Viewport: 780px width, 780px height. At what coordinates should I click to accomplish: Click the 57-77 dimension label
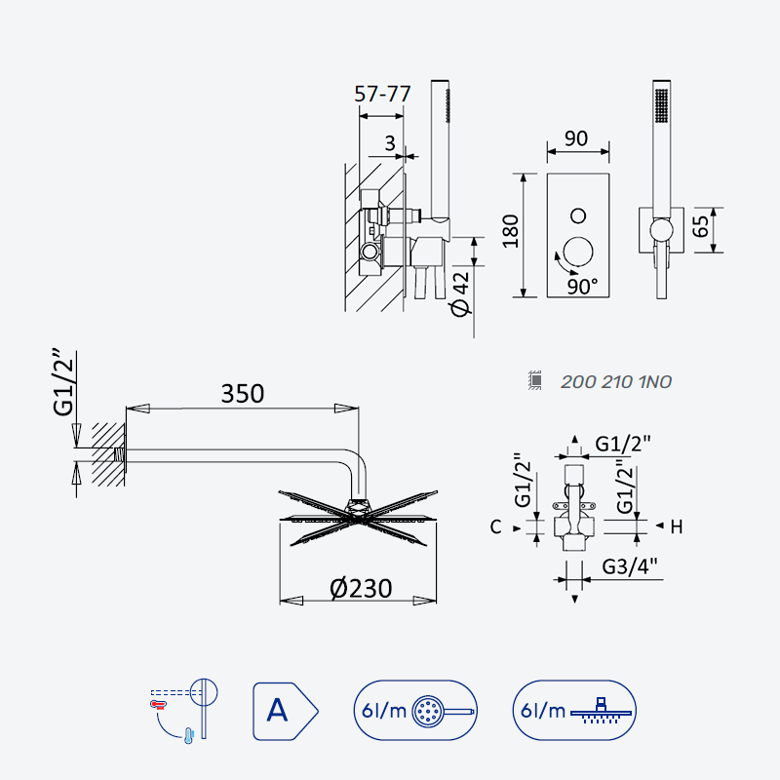382,94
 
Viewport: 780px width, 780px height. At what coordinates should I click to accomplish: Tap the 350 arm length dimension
242,394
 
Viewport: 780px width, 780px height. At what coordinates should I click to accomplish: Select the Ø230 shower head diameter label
361,589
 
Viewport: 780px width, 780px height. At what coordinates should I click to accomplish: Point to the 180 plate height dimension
510,231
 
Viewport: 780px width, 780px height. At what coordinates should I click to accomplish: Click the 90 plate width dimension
576,138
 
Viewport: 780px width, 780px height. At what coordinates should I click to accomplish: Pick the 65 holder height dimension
700,226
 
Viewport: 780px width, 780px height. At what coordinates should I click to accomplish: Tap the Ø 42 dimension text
460,293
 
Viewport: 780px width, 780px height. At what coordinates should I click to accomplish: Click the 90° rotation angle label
582,287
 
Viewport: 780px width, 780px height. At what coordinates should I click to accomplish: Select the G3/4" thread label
630,566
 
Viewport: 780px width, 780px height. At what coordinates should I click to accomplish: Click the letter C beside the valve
495,526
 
